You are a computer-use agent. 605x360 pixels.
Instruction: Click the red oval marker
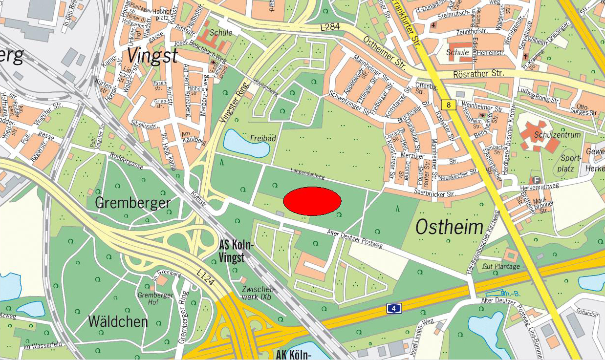(x=312, y=201)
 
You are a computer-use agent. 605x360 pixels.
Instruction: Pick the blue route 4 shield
(x=394, y=308)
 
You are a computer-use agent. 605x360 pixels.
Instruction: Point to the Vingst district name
(x=152, y=56)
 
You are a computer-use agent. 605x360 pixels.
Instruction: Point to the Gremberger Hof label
(x=155, y=298)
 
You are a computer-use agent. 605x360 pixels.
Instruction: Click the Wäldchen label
(x=118, y=321)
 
